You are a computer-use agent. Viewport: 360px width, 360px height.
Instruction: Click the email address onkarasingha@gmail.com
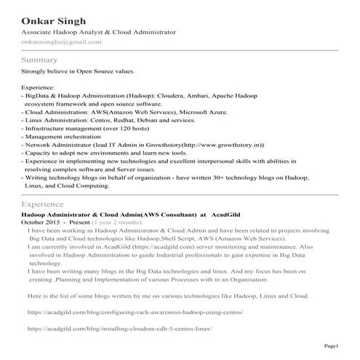point(62,42)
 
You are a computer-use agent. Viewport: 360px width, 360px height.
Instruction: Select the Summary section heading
point(39,59)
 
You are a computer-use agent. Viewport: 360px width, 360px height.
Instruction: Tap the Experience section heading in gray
point(44,205)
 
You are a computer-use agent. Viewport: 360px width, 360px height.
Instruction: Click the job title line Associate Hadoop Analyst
point(98,33)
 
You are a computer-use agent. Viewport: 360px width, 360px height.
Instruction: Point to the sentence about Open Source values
point(79,71)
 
